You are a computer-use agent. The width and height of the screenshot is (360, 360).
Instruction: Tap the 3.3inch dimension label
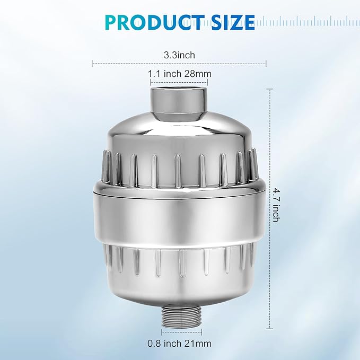tap(180, 54)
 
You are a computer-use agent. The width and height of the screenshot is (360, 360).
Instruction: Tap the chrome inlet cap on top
tap(180, 100)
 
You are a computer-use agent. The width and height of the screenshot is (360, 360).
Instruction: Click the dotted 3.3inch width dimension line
tap(133, 64)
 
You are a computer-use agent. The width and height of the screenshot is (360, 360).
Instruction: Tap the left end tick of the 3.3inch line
tap(93, 64)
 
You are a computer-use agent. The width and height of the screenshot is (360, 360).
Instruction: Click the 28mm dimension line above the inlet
tap(180, 83)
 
